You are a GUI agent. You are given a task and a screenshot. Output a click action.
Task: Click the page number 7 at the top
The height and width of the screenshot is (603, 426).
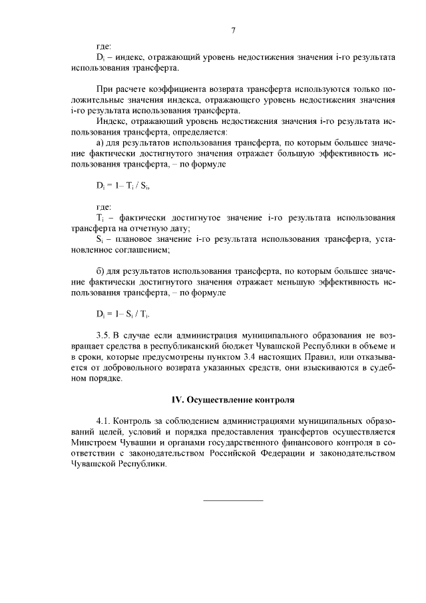click(233, 30)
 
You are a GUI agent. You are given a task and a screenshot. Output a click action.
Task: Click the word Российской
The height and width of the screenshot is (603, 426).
click(212, 453)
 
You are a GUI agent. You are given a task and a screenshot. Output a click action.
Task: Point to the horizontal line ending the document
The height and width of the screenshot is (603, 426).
click(233, 500)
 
